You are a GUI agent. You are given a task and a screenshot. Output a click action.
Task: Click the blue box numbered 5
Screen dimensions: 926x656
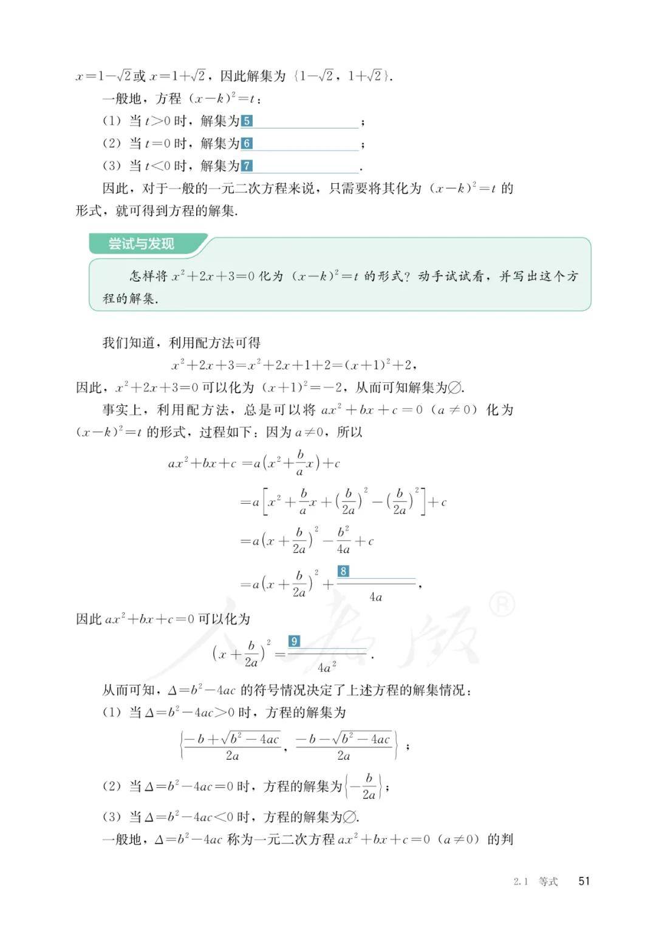(247, 121)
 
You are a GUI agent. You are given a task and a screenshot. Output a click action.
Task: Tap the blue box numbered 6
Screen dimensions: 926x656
(247, 143)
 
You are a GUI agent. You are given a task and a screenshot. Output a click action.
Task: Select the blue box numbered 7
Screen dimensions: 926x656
(247, 166)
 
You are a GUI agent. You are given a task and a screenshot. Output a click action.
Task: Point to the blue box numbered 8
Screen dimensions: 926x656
(343, 571)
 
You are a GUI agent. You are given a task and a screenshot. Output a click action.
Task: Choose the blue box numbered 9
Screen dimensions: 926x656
(294, 641)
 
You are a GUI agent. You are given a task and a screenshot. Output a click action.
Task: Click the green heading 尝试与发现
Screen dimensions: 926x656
(141, 244)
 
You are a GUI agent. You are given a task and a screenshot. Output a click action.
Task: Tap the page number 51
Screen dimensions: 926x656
(584, 881)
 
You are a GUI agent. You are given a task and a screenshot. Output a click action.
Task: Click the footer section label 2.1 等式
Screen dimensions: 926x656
(535, 882)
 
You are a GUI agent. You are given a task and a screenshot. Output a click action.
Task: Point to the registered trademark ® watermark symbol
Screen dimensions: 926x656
(502, 604)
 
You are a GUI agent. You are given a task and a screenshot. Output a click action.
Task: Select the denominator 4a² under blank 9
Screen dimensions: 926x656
(327, 667)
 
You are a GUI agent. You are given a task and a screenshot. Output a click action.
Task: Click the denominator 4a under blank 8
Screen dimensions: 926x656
(376, 597)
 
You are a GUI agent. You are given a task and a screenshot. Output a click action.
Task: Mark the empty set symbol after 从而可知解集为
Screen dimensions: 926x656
(454, 387)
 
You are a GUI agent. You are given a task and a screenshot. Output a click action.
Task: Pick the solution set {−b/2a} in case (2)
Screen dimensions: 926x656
(364, 786)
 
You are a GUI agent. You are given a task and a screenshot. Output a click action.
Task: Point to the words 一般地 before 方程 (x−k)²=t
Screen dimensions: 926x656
(121, 98)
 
